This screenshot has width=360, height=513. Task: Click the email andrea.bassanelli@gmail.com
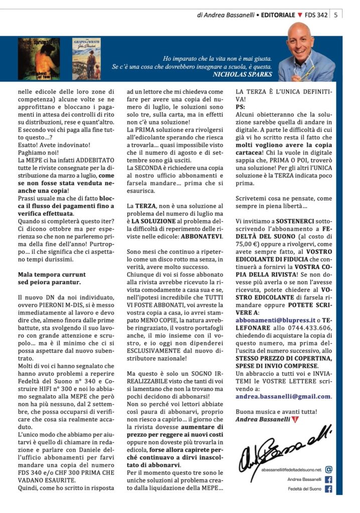pos(283,396)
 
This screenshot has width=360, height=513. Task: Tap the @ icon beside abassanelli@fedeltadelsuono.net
pos(329,469)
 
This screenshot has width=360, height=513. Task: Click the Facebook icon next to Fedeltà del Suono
pos(329,489)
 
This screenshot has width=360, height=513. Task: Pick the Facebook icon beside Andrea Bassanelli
pos(329,479)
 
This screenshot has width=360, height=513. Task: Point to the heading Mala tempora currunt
pos(52,275)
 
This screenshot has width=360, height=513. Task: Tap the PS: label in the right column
pos(241,107)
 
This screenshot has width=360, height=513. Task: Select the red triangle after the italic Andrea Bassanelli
pos(295,419)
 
